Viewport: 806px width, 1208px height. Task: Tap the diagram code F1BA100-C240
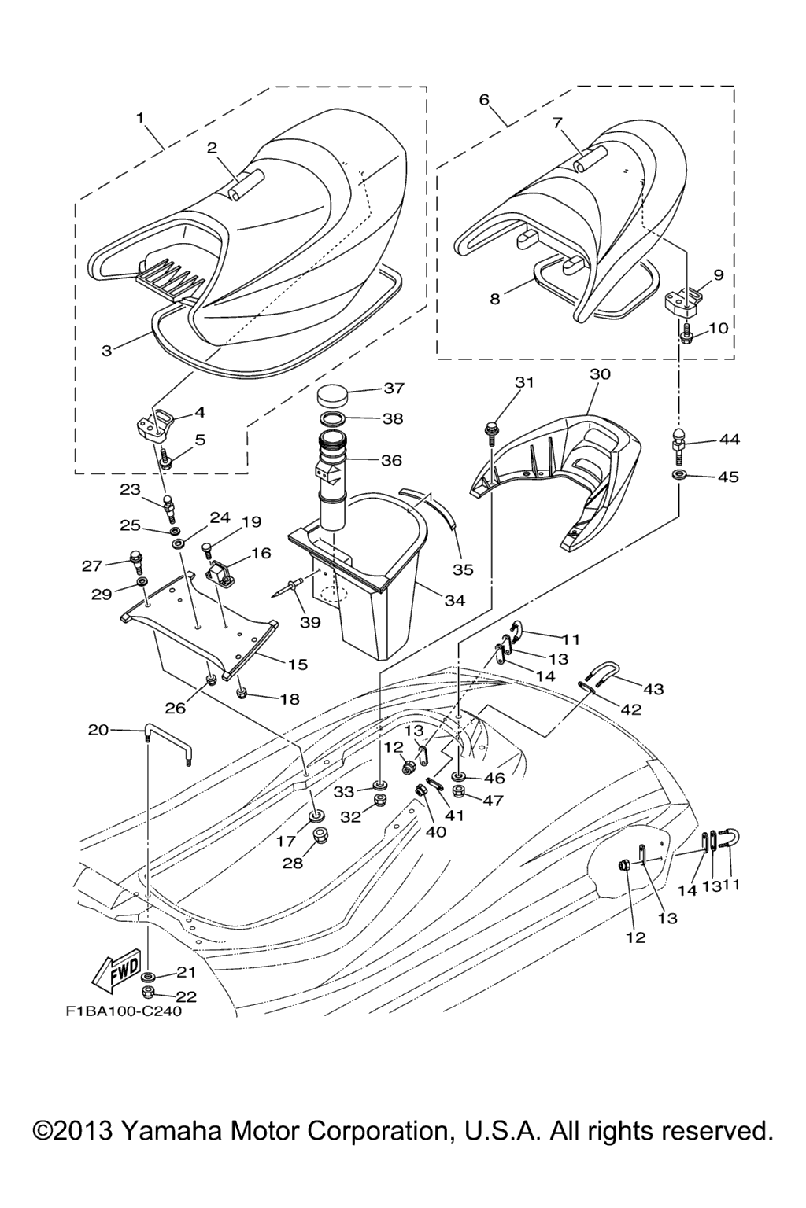123,1011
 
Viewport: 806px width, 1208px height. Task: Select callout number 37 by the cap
394,388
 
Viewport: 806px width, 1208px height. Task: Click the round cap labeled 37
338,392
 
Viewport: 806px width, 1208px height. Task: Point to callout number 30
600,374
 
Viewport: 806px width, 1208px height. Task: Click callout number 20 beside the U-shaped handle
98,730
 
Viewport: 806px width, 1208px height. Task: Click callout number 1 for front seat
140,118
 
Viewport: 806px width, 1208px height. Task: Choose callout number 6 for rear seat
484,100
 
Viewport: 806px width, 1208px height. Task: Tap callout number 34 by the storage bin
455,601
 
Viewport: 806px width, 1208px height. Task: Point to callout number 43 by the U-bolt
653,689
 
